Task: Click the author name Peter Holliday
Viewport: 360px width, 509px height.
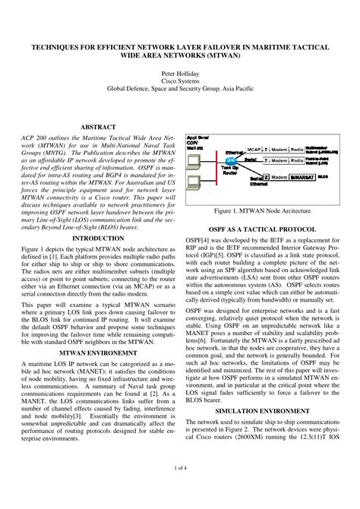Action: pos(179,68)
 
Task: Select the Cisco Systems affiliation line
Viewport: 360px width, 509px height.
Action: pos(179,77)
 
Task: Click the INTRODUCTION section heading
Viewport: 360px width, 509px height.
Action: pos(98,238)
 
